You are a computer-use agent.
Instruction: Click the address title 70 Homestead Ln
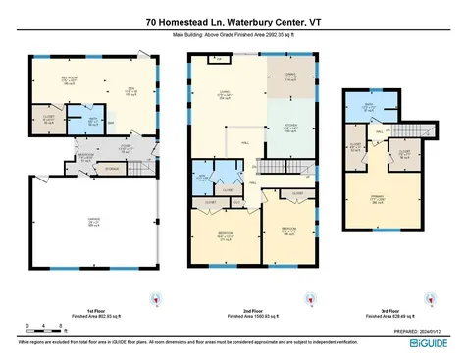(x=233, y=20)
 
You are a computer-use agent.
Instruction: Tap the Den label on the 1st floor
(x=132, y=92)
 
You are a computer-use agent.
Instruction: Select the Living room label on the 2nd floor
(x=224, y=95)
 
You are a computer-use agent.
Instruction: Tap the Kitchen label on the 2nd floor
(x=290, y=128)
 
